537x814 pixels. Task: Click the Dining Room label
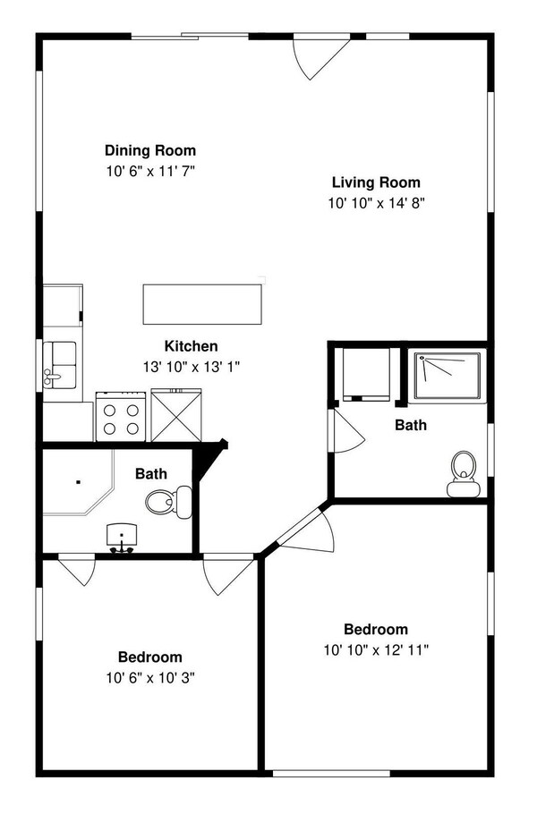click(x=150, y=150)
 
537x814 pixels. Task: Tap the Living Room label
click(x=376, y=182)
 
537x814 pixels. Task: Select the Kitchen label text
click(x=191, y=346)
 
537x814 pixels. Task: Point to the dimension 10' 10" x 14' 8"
click(x=376, y=203)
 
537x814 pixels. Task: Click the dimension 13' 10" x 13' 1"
click(x=191, y=366)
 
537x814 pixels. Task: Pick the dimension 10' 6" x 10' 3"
click(x=150, y=677)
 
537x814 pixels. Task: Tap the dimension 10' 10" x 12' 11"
click(x=376, y=650)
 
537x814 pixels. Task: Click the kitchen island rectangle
click(x=204, y=304)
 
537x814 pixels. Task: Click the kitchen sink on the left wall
click(x=59, y=366)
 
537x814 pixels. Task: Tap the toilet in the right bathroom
click(x=463, y=472)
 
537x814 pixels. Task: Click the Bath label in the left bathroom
click(x=150, y=473)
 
